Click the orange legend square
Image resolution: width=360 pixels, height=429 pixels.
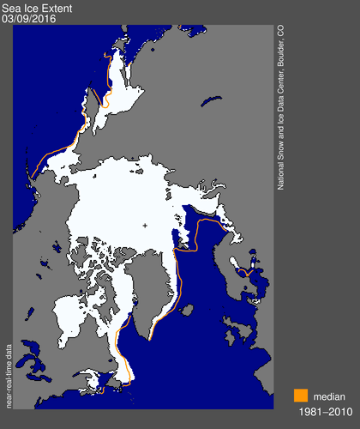(300, 396)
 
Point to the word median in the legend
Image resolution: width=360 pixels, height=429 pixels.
(330, 396)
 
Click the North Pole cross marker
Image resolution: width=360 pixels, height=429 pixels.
(145, 226)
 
